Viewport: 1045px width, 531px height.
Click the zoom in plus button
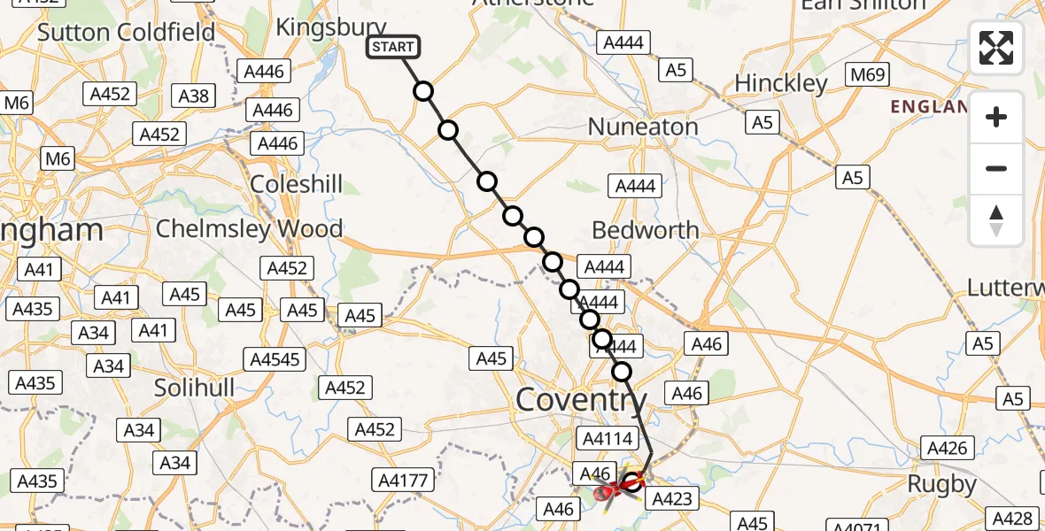point(996,118)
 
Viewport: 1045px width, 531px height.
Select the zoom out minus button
point(996,168)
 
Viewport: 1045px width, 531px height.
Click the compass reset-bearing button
point(996,219)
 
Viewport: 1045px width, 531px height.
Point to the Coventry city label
point(581,399)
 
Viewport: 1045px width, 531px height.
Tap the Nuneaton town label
point(643,127)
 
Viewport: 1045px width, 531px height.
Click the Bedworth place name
point(645,230)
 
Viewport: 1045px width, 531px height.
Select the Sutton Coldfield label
point(127,34)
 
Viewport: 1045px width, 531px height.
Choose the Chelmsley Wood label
point(249,228)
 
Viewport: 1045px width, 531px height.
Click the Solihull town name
point(194,388)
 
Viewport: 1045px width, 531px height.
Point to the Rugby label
point(942,485)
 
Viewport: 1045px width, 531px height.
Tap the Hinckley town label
point(781,84)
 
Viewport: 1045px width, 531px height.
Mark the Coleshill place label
point(297,185)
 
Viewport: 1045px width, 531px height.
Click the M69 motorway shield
point(867,75)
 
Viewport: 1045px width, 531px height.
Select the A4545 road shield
point(275,359)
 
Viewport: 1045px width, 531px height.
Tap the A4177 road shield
point(403,481)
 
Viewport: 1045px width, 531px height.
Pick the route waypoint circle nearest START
point(423,91)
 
